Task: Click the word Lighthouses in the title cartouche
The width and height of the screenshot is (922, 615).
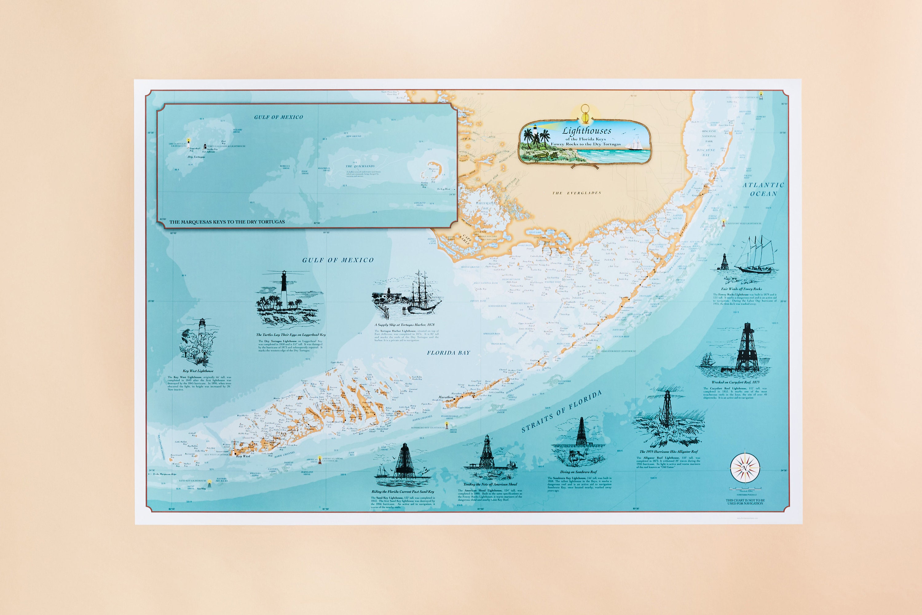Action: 586,131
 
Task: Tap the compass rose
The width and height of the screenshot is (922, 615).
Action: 745,468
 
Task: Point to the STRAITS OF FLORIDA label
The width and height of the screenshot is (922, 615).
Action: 561,412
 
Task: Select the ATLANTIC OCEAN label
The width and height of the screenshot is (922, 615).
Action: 763,189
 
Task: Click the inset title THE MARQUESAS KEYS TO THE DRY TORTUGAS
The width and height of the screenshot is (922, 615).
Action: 227,222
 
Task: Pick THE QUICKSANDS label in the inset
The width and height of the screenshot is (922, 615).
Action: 360,166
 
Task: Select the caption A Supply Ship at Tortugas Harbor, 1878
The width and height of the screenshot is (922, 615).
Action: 404,325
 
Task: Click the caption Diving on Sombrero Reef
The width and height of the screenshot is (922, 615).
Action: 578,472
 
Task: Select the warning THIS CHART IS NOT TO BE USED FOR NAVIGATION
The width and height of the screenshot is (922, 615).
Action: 745,502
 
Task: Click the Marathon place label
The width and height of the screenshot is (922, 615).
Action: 446,397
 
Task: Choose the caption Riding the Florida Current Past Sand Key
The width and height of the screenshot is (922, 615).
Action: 403,491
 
